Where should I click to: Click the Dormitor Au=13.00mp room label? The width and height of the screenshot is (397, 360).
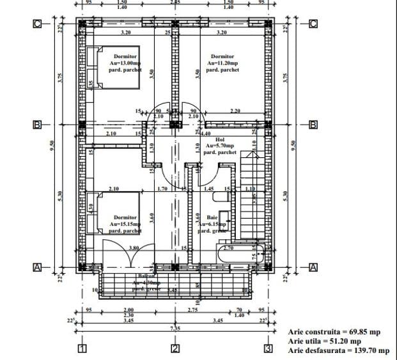coord(126,63)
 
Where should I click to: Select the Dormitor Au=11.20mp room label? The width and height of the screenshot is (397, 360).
coord(222,63)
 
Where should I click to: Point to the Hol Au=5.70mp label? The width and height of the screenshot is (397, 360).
coord(220,146)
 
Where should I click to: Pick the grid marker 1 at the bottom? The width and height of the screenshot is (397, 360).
coord(82,348)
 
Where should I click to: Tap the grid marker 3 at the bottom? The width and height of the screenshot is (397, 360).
coord(269,348)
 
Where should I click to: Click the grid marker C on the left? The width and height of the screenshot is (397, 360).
coord(38,24)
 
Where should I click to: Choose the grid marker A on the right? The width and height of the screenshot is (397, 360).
coord(313,267)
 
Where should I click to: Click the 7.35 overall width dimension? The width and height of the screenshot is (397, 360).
coord(175,327)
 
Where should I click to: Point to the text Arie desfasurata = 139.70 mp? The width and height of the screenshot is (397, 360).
coord(339,350)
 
